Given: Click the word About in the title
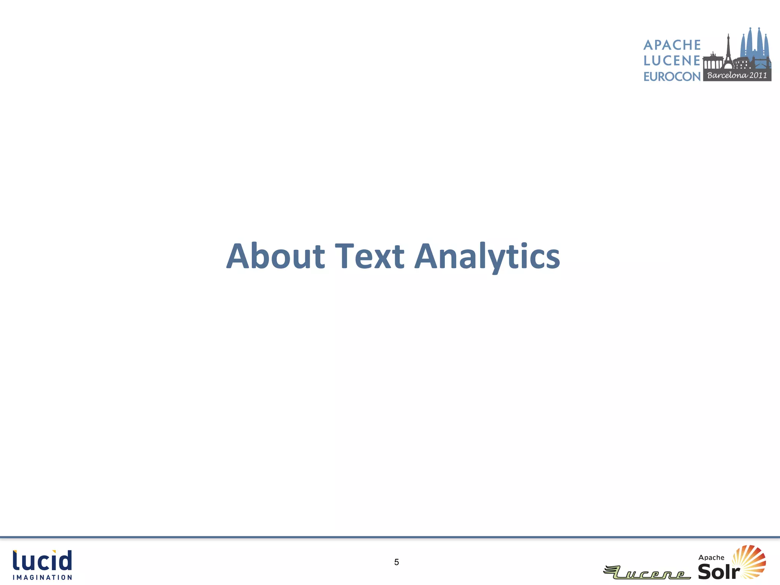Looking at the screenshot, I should point(275,256).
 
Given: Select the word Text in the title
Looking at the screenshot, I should point(369,256).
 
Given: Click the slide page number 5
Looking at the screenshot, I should point(396,562).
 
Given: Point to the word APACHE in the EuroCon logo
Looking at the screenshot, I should point(672,45).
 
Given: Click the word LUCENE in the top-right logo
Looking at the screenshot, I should point(672,61).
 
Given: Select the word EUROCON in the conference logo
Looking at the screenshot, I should point(672,77).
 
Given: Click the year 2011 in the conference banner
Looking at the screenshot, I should point(758,75).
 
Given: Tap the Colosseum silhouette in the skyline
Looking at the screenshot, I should point(741,63).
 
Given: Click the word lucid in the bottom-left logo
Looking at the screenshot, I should point(42,560).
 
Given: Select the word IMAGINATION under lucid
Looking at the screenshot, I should point(42,578).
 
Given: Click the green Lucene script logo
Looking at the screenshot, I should point(647,572).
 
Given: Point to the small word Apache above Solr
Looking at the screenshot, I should point(711,558).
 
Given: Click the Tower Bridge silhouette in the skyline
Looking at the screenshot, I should point(761,63).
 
